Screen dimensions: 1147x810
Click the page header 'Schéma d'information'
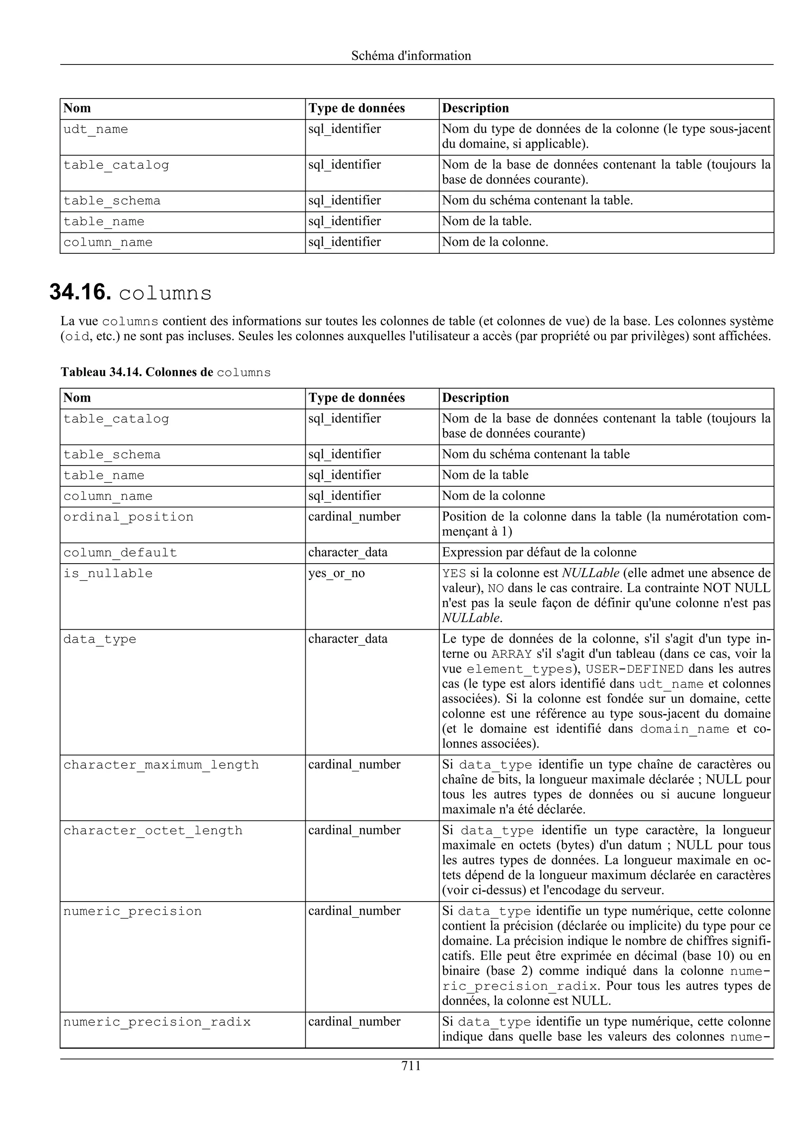(411, 55)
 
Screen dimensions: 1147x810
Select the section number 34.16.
(80, 292)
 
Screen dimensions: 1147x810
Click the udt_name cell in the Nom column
(95, 129)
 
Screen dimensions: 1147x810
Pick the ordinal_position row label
(128, 517)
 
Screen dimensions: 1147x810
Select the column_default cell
(120, 553)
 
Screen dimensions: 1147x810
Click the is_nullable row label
(108, 573)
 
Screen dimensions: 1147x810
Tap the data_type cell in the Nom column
(99, 640)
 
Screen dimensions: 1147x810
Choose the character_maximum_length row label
(161, 765)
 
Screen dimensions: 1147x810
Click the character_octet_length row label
(153, 831)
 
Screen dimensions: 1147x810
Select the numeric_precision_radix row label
(157, 1022)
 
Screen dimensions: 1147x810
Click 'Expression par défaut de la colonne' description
(539, 553)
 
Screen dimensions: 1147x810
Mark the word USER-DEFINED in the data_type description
(634, 669)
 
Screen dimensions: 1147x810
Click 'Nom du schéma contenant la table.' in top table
(537, 201)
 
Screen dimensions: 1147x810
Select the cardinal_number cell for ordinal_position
(354, 517)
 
